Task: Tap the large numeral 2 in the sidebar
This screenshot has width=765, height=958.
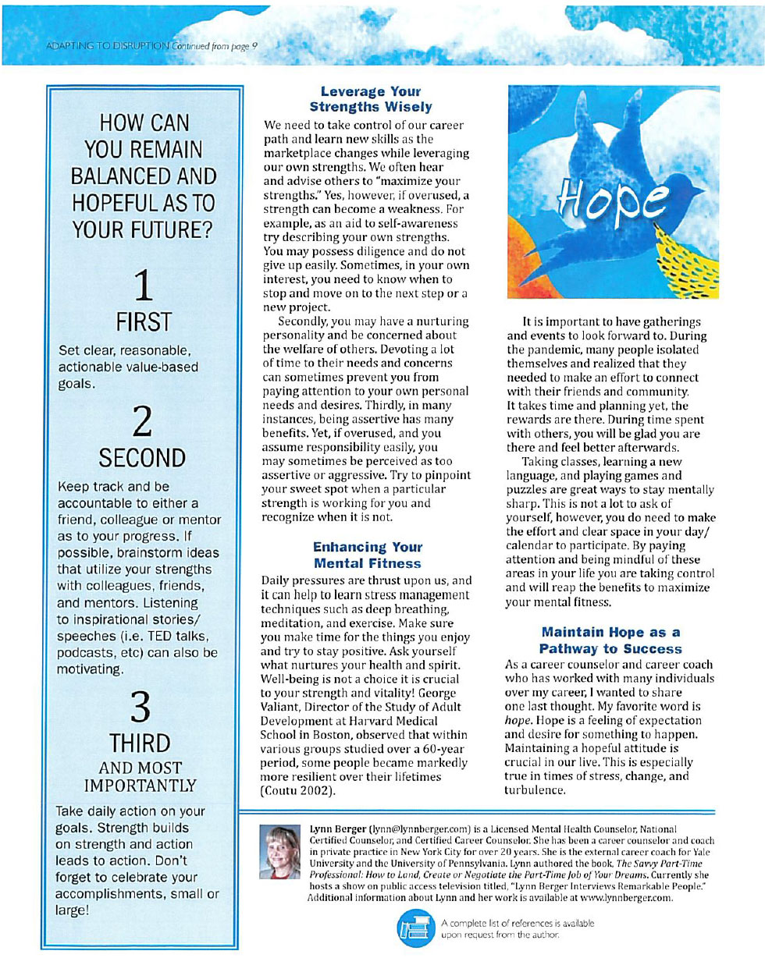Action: tap(142, 419)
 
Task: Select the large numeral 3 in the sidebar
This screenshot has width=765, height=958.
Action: tap(142, 708)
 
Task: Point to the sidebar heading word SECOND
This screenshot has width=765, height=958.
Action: tap(142, 456)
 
